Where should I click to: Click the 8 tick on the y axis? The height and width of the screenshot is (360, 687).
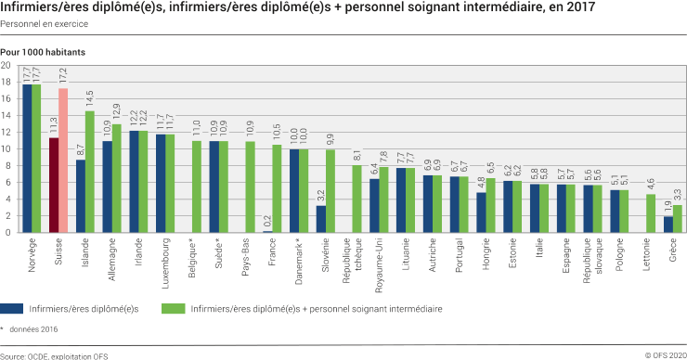tap(8, 166)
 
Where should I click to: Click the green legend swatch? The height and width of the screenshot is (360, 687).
tap(173, 307)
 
